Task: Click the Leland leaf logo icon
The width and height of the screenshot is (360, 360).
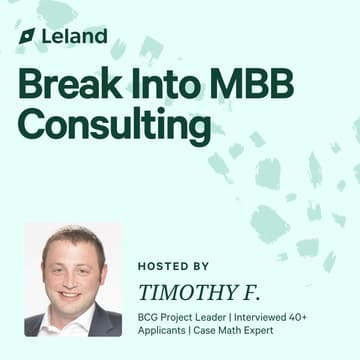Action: point(27,36)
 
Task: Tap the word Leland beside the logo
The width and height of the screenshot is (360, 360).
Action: point(74,36)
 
